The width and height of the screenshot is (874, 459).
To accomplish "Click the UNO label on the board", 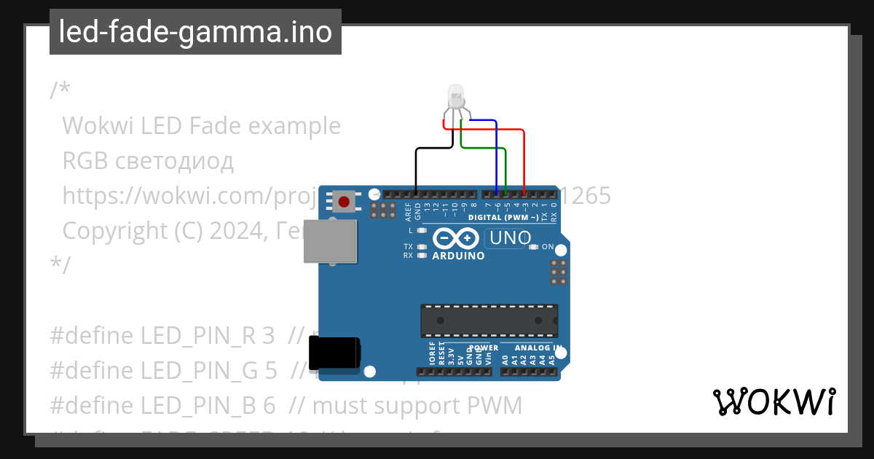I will pos(510,238).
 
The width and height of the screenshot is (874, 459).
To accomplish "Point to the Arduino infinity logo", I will pos(456,238).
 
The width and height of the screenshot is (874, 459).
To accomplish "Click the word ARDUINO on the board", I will pos(458,256).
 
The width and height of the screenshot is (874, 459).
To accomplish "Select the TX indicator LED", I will pos(421,247).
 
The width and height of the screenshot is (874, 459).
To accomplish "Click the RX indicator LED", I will pos(421,256).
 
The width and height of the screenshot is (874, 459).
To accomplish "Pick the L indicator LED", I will pos(421,230).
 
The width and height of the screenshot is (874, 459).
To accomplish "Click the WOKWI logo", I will pos(773,401).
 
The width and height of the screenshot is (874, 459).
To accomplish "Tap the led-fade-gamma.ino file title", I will pos(195,32).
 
